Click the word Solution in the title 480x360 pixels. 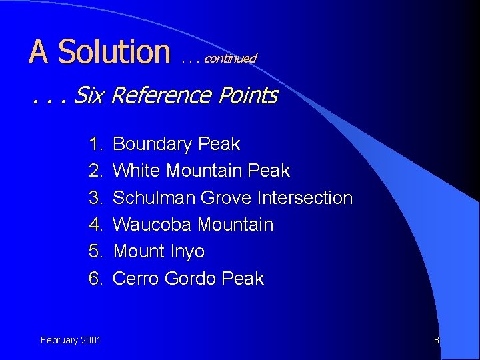tap(114, 52)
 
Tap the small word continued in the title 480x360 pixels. tap(230, 59)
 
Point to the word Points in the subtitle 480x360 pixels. tap(247, 95)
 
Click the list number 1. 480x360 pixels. tap(96, 144)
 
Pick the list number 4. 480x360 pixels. tap(96, 225)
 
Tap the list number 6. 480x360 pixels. tap(96, 279)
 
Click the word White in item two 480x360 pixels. tap(137, 171)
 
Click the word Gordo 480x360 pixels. tap(189, 279)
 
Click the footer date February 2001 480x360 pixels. tap(71, 341)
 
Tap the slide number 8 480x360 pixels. tap(437, 341)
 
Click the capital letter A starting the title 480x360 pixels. tap(39, 52)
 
